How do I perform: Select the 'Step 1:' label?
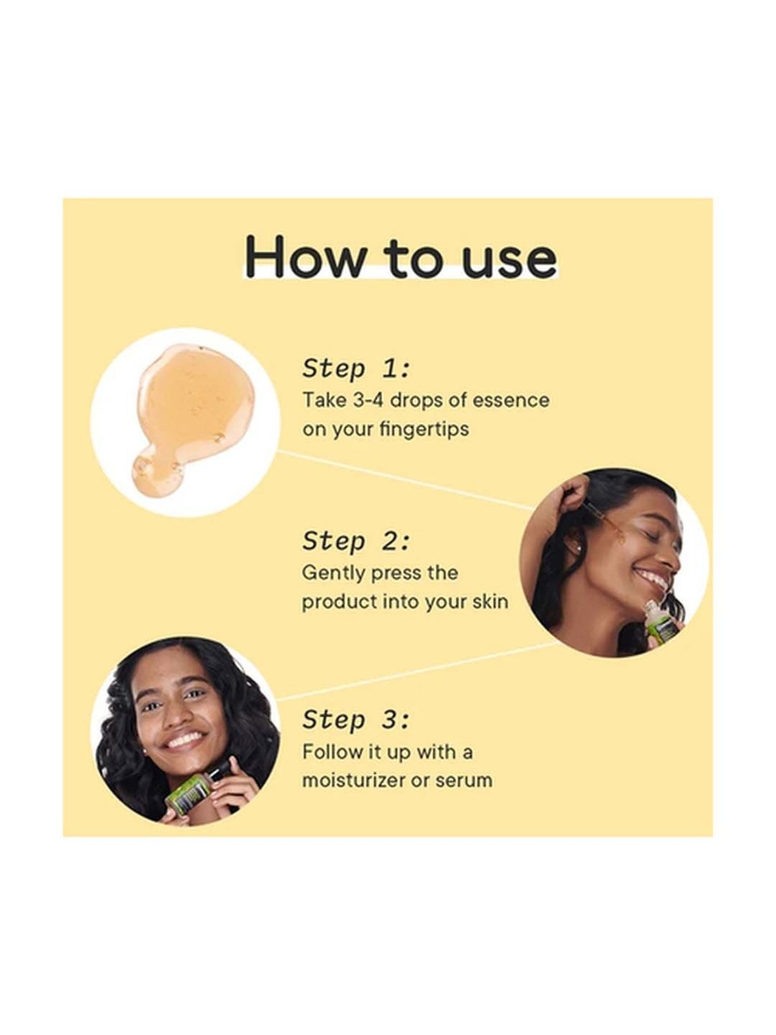tap(356, 369)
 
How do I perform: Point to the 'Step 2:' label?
tap(356, 541)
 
